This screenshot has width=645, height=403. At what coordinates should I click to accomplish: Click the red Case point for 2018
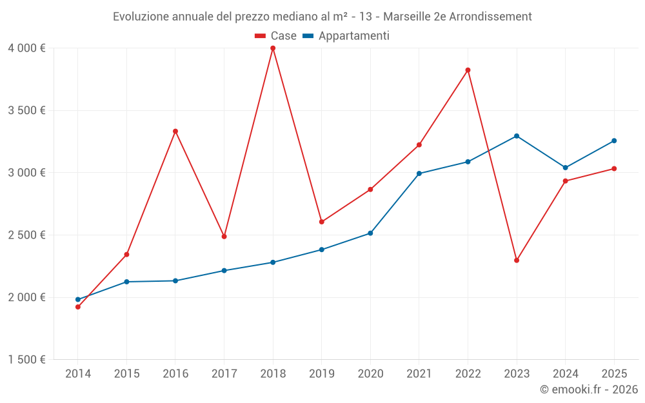[x=273, y=48]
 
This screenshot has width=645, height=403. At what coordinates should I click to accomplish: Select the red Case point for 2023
[x=517, y=260]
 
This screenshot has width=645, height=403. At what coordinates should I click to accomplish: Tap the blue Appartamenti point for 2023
[x=517, y=136]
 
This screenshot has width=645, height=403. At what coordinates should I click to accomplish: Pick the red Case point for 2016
[x=175, y=132]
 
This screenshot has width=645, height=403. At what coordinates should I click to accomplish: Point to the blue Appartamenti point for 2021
[x=419, y=173]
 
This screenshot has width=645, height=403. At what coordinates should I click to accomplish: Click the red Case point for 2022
[x=468, y=70]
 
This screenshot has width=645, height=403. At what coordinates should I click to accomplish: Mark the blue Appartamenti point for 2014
[x=78, y=299]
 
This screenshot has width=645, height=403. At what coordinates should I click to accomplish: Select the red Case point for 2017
[x=224, y=237]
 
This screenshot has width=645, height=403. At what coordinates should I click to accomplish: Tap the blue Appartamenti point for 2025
[x=614, y=141]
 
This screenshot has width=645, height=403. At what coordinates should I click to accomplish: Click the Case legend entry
[x=276, y=36]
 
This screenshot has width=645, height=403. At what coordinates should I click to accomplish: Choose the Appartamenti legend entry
[x=346, y=36]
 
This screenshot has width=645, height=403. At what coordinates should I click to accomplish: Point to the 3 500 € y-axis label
[x=26, y=110]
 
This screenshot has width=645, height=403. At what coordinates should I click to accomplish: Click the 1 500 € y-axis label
[x=26, y=360]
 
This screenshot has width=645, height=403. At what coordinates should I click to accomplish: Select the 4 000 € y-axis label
[x=26, y=48]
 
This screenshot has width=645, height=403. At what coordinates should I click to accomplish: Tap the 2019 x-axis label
[x=321, y=373]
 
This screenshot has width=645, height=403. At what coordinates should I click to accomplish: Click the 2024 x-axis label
[x=565, y=373]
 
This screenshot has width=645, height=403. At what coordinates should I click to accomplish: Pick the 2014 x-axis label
[x=78, y=373]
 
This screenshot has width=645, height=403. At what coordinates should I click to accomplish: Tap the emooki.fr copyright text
[x=588, y=389]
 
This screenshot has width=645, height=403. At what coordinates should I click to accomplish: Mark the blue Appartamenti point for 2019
[x=321, y=250]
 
